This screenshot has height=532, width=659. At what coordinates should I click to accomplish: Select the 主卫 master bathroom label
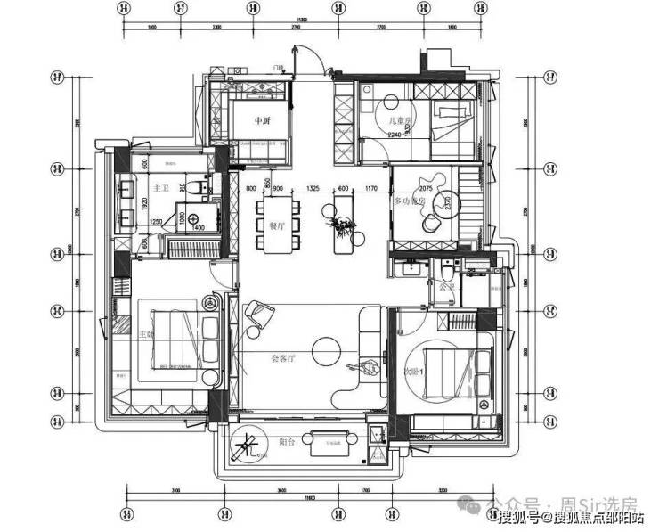pos(161,188)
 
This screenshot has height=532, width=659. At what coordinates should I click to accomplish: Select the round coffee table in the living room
pos(324,347)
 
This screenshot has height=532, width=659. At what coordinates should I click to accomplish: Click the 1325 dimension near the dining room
pos(313,189)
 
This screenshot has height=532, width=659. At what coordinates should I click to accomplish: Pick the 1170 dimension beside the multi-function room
pos(371,189)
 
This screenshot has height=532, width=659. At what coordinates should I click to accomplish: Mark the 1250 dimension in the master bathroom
pos(156,221)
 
